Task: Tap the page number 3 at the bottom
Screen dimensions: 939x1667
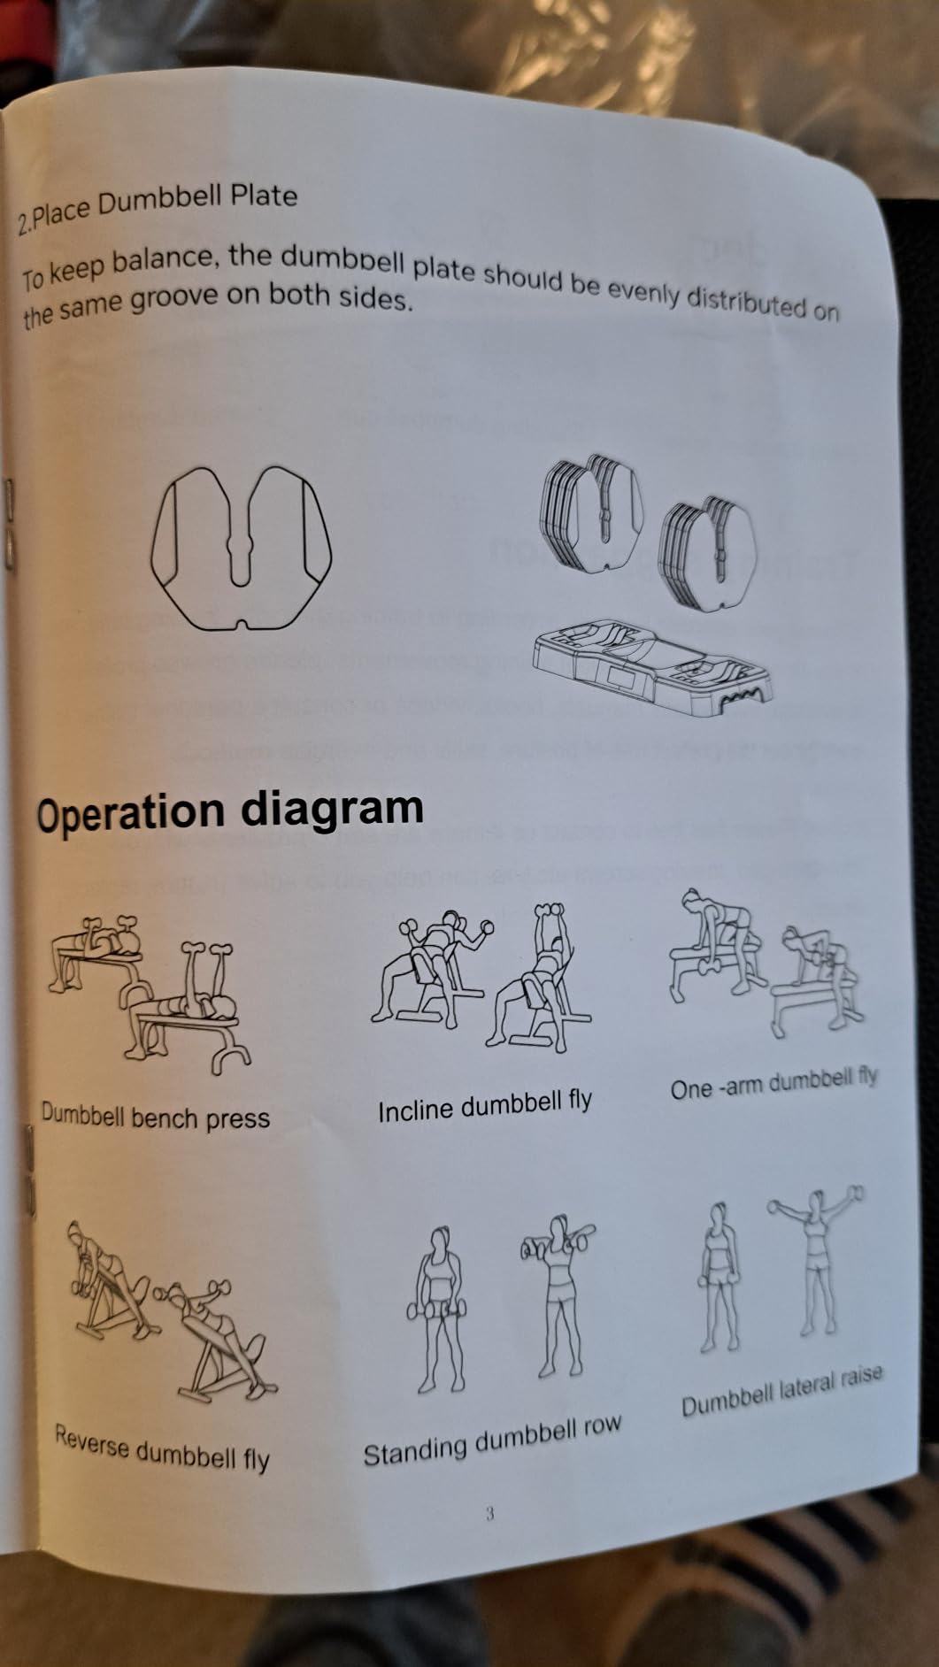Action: [489, 1513]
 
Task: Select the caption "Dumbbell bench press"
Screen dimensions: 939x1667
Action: [155, 1117]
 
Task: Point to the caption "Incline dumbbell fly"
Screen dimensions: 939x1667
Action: [485, 1106]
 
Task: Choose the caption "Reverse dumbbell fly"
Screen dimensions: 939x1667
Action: [162, 1447]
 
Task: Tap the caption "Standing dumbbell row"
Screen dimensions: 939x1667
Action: [492, 1440]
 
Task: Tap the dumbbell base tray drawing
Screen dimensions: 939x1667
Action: [651, 665]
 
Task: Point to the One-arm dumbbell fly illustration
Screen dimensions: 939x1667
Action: [766, 964]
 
